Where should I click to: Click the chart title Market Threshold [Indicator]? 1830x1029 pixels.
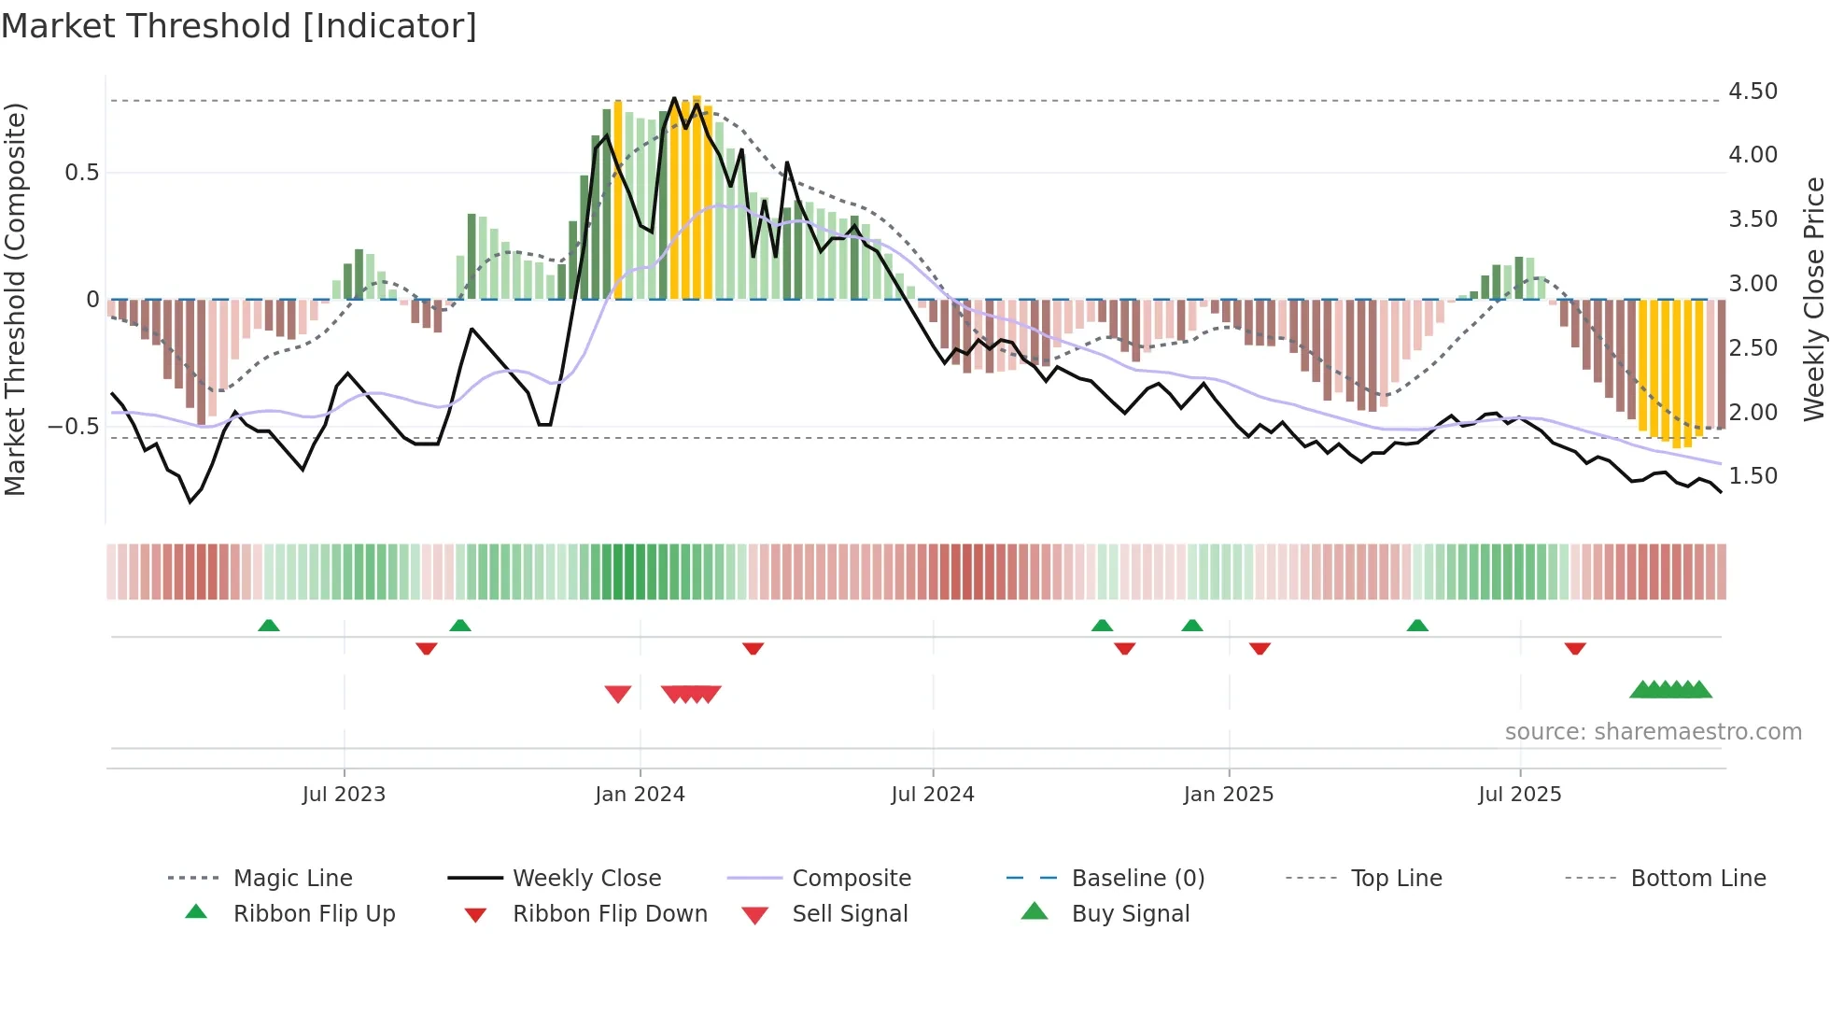(239, 26)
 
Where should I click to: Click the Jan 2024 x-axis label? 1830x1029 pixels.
(640, 795)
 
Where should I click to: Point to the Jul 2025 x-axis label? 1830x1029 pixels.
(1519, 795)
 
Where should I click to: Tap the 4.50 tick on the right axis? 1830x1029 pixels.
(1753, 92)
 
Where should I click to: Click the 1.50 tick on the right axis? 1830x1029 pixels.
(1753, 476)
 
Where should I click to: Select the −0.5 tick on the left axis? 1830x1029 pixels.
(74, 427)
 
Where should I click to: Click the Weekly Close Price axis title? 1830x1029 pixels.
(1813, 299)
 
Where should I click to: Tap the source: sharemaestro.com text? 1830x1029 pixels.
(1653, 732)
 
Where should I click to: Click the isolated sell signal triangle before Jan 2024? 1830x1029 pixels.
(618, 694)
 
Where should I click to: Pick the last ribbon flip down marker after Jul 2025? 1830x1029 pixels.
(1575, 648)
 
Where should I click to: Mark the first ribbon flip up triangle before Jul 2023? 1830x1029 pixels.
(269, 626)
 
